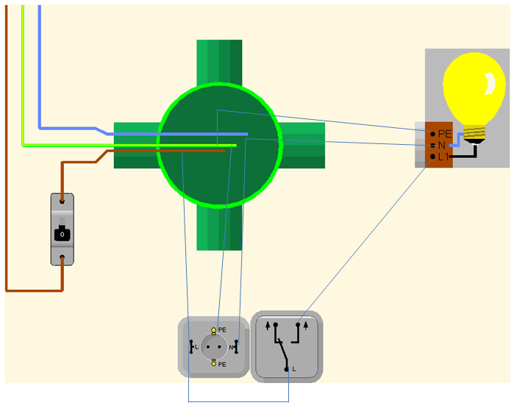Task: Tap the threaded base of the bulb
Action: coord(474,133)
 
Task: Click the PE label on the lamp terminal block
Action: coord(444,134)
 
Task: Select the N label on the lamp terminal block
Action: coord(442,145)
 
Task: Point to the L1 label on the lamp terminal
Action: coord(443,157)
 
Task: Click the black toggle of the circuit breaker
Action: coord(62,235)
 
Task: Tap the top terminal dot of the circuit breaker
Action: coord(62,199)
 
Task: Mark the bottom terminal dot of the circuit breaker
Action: coord(62,258)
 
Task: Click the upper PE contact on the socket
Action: coord(213,330)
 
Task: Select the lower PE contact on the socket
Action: coord(213,362)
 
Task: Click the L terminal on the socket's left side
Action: coord(190,346)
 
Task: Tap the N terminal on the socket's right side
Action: coord(236,346)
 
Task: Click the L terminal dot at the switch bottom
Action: coord(286,367)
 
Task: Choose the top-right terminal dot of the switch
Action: coord(298,324)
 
